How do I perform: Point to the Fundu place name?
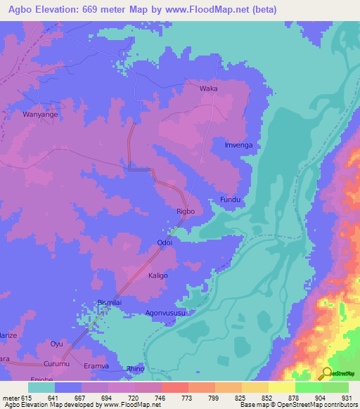point(231,200)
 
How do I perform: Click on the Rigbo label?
point(185,211)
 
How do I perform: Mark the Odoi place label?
point(165,243)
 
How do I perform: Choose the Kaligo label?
point(157,276)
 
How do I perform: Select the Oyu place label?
point(56,344)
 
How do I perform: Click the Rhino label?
point(135,368)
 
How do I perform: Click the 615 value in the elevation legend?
point(27,397)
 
